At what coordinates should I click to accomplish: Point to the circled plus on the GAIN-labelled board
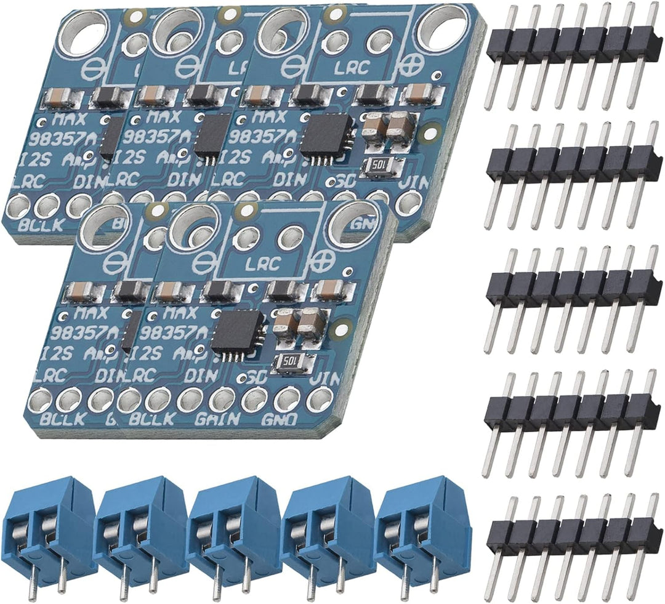(x=320, y=262)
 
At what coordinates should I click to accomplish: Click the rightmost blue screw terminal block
(x=424, y=530)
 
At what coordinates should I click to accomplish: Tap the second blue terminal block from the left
(x=142, y=530)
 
